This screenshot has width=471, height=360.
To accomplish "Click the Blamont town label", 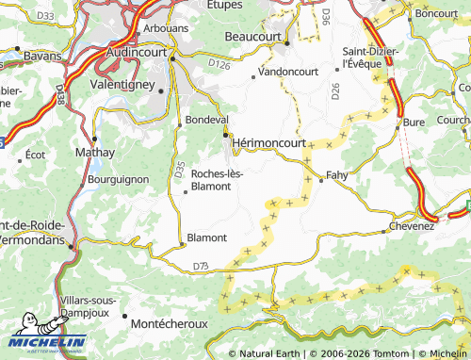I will pyautogui.click(x=207, y=237).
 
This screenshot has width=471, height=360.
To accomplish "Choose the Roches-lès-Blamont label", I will pyautogui.click(x=217, y=179).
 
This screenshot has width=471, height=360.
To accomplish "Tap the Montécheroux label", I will pyautogui.click(x=168, y=321).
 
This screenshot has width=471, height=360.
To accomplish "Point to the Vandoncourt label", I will pyautogui.click(x=288, y=72).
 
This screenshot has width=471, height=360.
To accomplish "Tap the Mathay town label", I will pyautogui.click(x=95, y=152).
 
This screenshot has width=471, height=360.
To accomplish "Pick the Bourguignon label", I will pyautogui.click(x=118, y=177).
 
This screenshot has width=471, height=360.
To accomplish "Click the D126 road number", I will pyautogui.click(x=219, y=64).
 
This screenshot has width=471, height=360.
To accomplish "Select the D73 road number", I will pyautogui.click(x=201, y=268).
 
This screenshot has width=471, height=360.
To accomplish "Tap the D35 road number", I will pyautogui.click(x=179, y=169).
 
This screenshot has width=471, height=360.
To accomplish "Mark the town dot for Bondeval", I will pyautogui.click(x=179, y=125).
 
